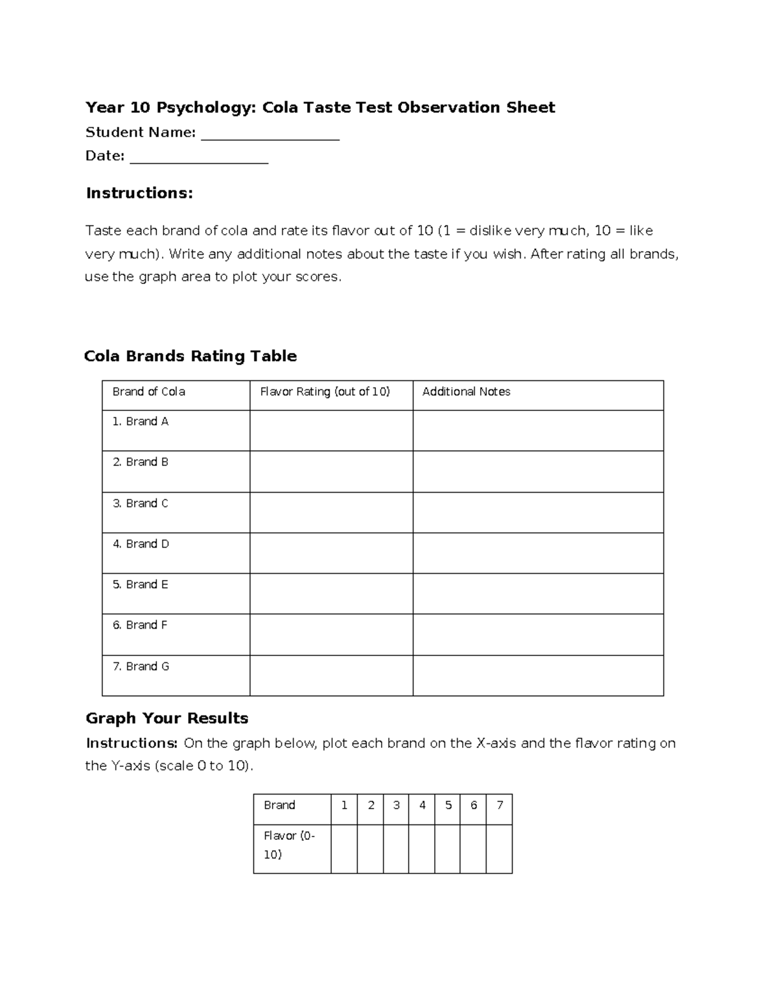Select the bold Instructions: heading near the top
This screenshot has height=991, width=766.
click(139, 193)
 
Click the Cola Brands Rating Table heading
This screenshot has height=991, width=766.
click(190, 356)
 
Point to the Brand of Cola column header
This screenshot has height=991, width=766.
click(149, 392)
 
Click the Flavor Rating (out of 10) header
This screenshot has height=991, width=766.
click(324, 392)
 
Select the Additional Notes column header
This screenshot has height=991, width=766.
click(466, 392)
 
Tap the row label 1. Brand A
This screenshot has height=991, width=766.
click(140, 422)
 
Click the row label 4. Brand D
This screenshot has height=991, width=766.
click(140, 544)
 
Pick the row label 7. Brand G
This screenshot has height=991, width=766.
click(140, 666)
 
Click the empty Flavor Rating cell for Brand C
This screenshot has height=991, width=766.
click(331, 512)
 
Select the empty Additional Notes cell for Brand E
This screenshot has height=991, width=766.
click(537, 593)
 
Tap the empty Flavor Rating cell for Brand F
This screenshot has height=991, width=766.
click(331, 634)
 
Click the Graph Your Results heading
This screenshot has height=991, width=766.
click(167, 719)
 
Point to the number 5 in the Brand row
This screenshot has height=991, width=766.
click(448, 805)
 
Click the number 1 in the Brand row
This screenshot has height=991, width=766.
click(344, 805)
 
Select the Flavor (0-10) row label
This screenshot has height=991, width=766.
click(289, 845)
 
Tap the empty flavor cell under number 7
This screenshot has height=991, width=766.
click(499, 849)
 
